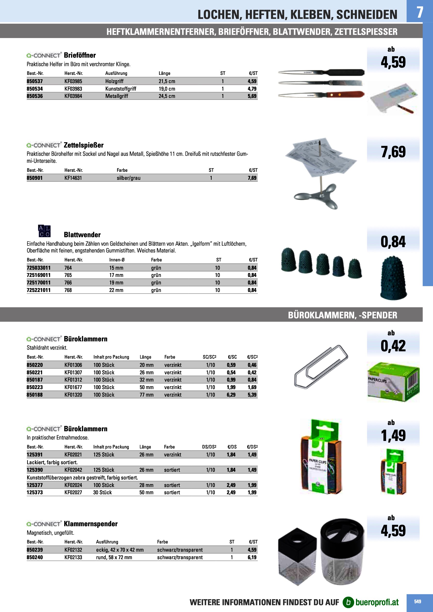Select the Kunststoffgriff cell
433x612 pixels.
(120, 89)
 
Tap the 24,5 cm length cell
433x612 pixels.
(167, 96)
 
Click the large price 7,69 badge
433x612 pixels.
(393, 152)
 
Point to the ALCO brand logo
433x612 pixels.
(44, 231)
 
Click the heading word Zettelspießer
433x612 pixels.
(83, 145)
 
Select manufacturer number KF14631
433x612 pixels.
(73, 178)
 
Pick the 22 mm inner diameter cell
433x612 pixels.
(116, 290)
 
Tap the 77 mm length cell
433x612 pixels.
(146, 395)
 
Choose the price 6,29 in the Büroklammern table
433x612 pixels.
(231, 395)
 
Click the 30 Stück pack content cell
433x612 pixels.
(103, 493)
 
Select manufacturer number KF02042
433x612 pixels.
(73, 470)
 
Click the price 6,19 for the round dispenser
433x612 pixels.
(252, 557)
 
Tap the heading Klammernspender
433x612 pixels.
(91, 524)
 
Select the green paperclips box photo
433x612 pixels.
(393, 382)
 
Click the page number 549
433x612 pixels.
(417, 602)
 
